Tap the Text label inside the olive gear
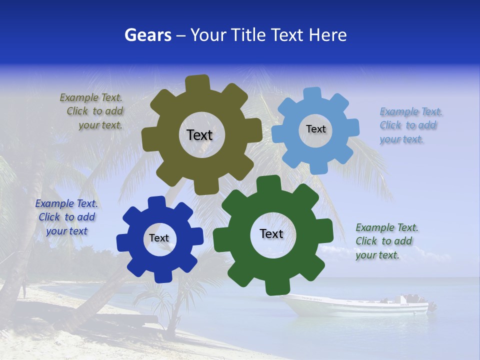click(x=199, y=135)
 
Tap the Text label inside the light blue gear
click(x=315, y=129)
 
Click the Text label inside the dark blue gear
click(x=159, y=238)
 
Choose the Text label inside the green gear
click(x=271, y=233)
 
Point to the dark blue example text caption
click(x=66, y=217)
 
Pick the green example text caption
click(x=385, y=241)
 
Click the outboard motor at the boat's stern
click(x=430, y=306)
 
